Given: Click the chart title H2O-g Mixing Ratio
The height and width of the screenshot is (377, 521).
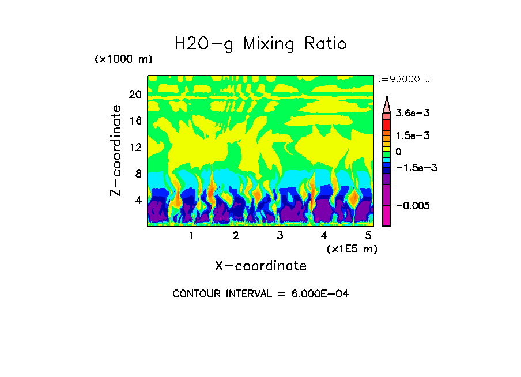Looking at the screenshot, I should tap(260, 44).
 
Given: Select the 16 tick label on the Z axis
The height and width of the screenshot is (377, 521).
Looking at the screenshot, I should tap(135, 121).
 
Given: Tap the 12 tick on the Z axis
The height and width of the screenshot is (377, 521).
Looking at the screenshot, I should tap(135, 147).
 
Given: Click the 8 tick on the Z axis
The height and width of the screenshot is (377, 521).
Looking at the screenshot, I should tap(138, 174).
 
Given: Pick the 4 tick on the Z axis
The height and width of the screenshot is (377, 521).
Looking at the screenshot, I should tap(138, 200).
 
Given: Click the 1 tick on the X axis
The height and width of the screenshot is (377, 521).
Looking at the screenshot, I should tap(191, 236).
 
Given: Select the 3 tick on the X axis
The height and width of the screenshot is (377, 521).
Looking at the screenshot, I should tap(280, 236).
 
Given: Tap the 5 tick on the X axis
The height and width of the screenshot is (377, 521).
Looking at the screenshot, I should tap(368, 236).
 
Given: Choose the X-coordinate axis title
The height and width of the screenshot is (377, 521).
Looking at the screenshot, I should tap(260, 266).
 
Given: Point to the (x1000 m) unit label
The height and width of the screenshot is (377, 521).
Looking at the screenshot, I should tap(123, 60).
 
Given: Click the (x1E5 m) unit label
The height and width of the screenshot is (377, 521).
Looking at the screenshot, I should tap(352, 248).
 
